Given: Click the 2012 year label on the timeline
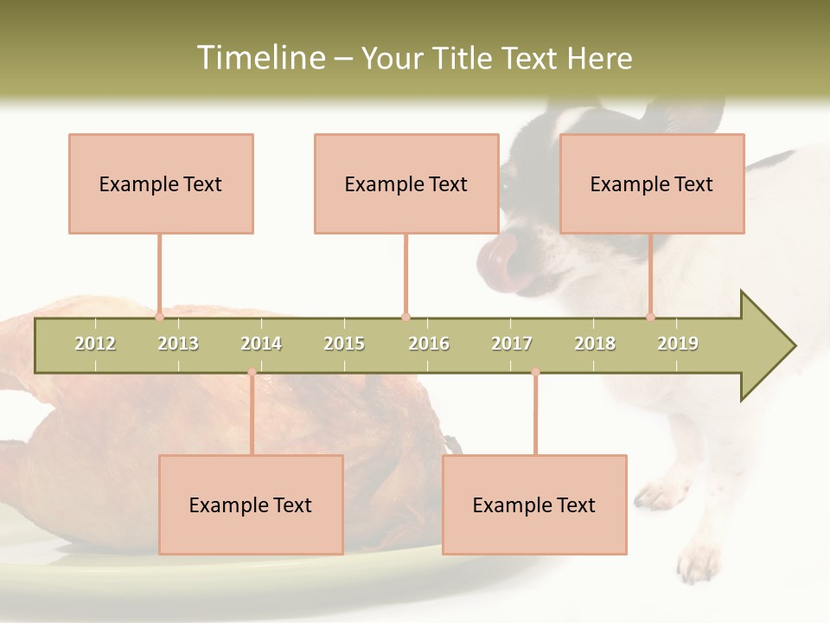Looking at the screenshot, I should click(x=95, y=344).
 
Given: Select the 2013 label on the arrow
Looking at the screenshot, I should click(x=178, y=344).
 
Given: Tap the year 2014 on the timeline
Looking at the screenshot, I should click(x=261, y=344).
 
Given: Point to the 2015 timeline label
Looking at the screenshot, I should click(x=344, y=344).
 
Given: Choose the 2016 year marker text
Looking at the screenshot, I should click(x=429, y=344).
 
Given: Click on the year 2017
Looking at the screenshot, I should click(x=512, y=344).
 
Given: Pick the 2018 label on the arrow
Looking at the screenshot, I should click(x=595, y=344).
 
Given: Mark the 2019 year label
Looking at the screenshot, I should click(x=678, y=344).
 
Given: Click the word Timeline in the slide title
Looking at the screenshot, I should click(x=259, y=58).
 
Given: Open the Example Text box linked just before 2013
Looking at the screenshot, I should click(x=161, y=183).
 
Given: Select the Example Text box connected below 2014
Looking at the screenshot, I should click(x=251, y=504).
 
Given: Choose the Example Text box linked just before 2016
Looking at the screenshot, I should click(x=406, y=183).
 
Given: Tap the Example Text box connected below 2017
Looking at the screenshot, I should click(x=534, y=504).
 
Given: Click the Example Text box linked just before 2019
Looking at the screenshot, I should click(x=652, y=183).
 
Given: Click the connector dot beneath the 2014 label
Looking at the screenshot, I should click(x=252, y=372).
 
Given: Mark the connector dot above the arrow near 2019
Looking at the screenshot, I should click(x=651, y=317).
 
